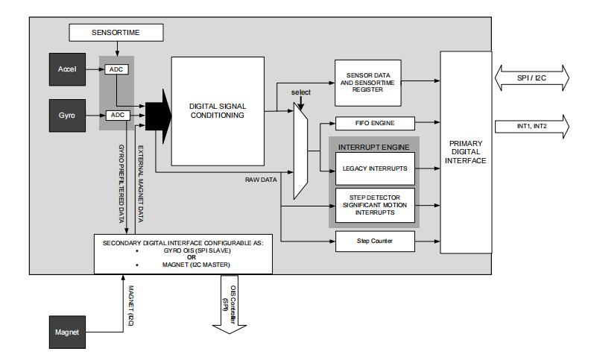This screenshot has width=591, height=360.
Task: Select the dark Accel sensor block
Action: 67,69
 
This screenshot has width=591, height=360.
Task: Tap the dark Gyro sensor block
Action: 67,115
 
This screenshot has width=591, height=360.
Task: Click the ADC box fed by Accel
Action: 116,69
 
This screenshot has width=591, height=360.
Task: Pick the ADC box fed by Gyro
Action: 116,115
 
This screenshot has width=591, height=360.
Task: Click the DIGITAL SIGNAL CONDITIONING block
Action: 218,110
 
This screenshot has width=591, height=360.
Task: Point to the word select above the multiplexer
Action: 300,92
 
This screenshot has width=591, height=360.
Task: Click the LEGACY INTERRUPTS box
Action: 374,168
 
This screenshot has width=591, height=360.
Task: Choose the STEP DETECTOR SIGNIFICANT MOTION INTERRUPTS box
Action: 374,205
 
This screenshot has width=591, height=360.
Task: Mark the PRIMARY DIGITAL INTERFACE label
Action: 465,153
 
